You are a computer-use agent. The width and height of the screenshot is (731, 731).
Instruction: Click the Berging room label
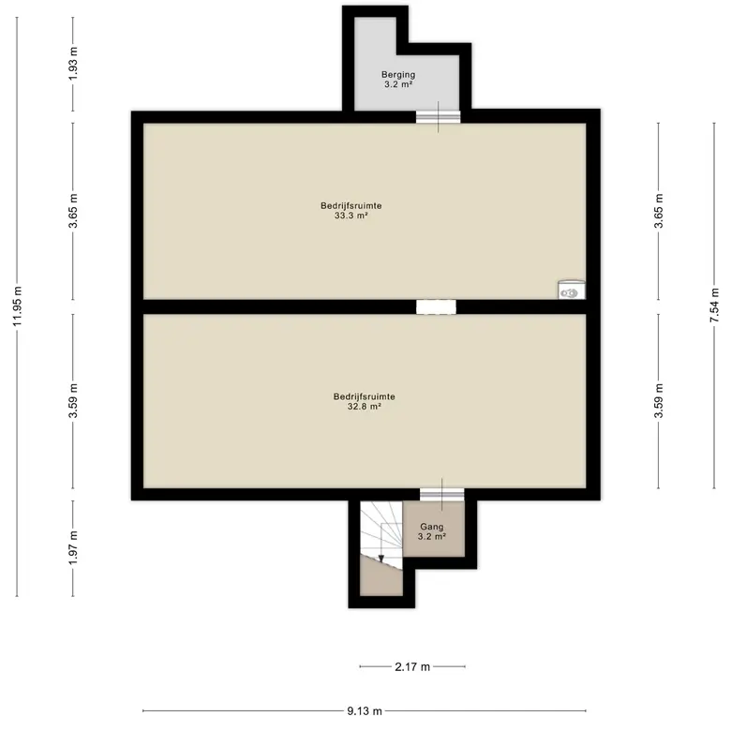pos(398,74)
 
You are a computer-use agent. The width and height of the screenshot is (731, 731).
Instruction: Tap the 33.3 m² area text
pos(351,216)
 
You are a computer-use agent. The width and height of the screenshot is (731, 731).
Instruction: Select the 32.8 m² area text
pos(365,407)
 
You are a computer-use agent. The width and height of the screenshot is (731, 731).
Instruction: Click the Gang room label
pos(432,527)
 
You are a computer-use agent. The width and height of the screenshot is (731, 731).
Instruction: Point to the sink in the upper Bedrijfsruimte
pos(572,290)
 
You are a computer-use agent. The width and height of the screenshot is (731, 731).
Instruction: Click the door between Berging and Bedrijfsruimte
pos(439,116)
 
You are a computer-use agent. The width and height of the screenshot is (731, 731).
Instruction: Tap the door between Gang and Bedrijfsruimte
pos(442,495)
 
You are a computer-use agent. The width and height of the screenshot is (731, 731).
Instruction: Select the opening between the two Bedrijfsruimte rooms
pos(436,306)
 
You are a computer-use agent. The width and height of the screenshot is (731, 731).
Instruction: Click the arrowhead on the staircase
pos(380,559)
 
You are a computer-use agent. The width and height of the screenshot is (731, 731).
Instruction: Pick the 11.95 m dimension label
pos(17,306)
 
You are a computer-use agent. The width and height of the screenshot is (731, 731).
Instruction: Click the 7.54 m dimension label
pos(714,306)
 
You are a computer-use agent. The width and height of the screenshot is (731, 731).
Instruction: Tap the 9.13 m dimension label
pos(365,711)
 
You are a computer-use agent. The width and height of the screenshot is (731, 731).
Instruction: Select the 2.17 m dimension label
pos(412,666)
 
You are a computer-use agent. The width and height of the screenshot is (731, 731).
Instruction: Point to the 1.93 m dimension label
pos(73,64)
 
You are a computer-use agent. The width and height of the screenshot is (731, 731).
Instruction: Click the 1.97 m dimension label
pos(73,548)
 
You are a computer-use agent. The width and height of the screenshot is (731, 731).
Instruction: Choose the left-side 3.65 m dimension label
pos(73,211)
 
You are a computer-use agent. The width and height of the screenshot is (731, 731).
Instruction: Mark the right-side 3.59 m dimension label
pos(659,401)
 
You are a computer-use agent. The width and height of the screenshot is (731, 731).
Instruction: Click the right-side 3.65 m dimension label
pos(659,211)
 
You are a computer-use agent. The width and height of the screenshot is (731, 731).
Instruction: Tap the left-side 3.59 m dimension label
pos(73,401)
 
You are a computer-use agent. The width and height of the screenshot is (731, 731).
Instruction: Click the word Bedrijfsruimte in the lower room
pos(365,396)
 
